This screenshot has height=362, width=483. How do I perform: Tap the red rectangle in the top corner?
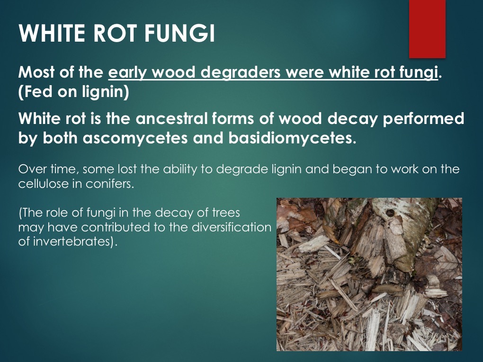pyautogui.click(x=427, y=28)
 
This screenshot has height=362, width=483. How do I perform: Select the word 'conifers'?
pyautogui.click(x=112, y=184)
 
